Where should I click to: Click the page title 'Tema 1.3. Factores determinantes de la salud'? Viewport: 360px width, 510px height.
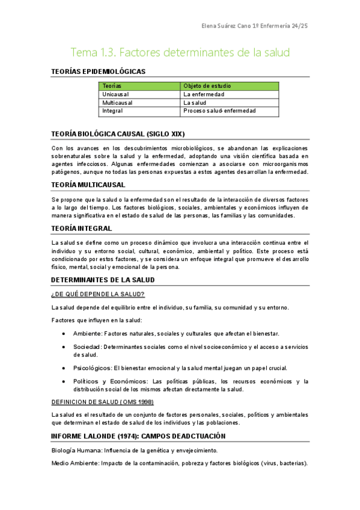[180, 52]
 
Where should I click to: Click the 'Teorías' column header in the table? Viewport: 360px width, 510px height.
[112, 86]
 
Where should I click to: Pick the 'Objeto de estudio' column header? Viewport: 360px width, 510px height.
[207, 86]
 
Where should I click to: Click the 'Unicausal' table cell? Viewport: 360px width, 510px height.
[115, 94]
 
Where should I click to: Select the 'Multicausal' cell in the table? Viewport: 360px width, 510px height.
[117, 103]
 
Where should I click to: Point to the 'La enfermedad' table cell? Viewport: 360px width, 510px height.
[204, 94]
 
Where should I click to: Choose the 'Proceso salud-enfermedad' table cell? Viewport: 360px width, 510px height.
[219, 111]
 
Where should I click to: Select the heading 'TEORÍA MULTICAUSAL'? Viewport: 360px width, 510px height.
[88, 185]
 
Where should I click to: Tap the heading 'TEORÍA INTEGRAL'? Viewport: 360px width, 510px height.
[82, 229]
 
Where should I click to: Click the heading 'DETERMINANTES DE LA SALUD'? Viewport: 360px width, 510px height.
[103, 280]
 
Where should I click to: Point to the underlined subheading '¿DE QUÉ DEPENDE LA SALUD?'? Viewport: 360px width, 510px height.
[97, 294]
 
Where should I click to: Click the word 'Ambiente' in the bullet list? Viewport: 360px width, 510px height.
[87, 334]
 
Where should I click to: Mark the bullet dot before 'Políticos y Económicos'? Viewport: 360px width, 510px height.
[64, 381]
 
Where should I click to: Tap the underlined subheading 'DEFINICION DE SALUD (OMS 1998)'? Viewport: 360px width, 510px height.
[102, 402]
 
